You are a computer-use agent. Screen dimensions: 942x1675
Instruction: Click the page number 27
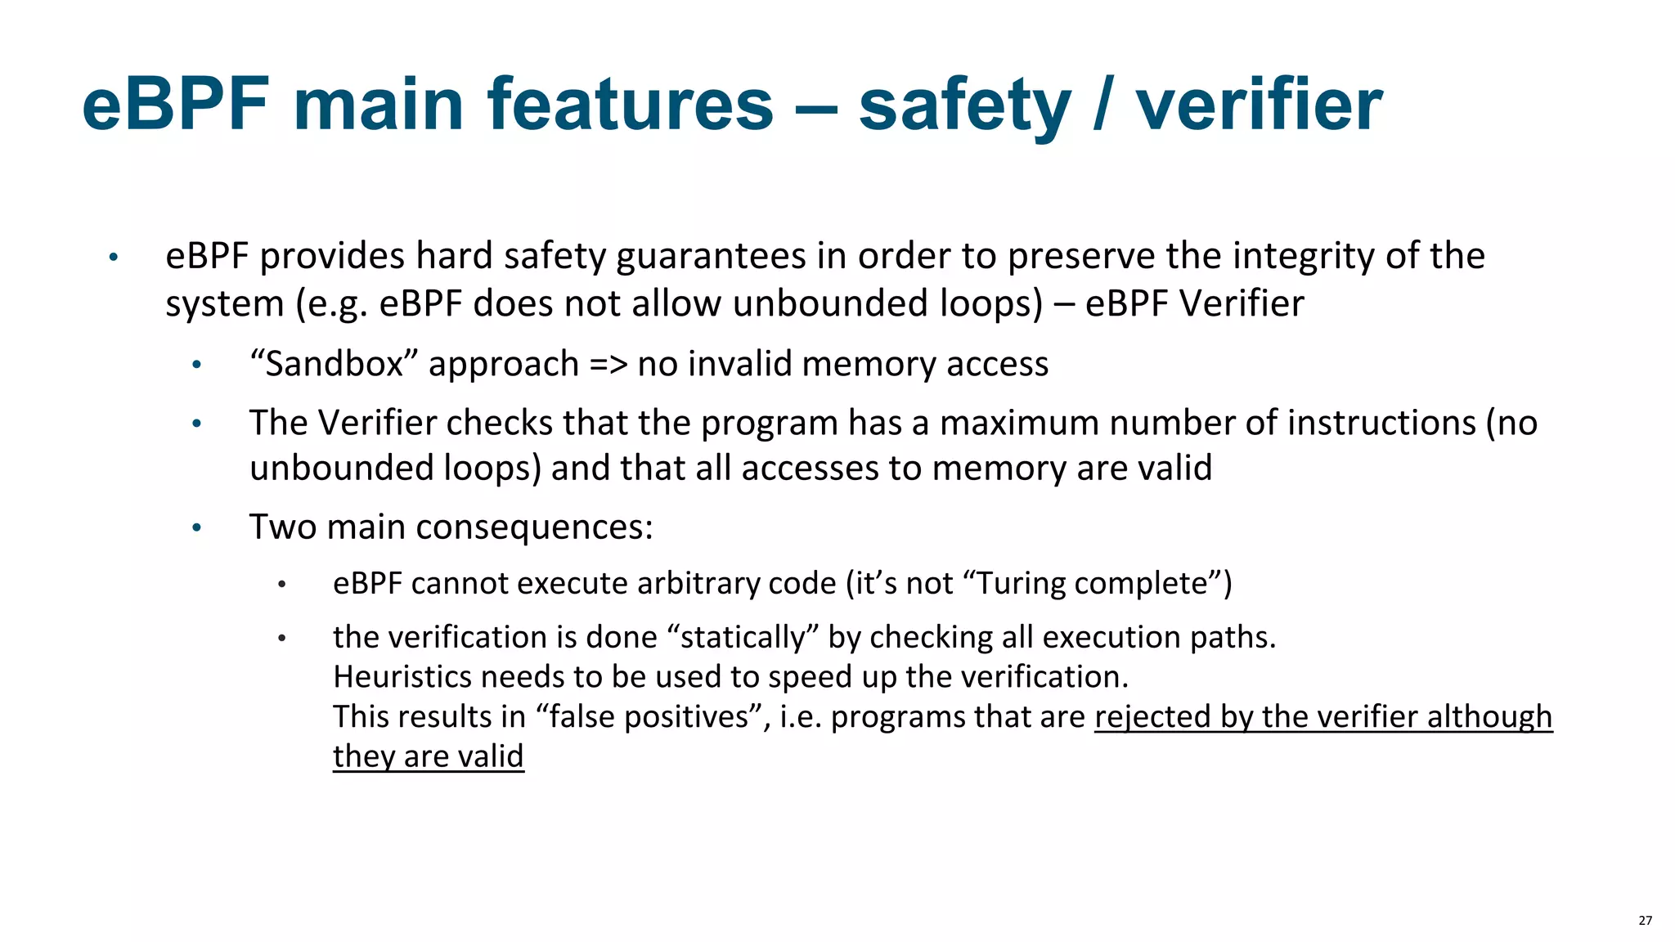point(1645,921)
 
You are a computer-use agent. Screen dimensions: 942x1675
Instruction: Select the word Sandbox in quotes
point(335,364)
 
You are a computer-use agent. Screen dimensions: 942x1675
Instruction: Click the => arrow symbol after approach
point(608,364)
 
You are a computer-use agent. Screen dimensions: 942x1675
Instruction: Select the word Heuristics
point(402,677)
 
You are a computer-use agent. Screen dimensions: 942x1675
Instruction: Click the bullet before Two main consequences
point(196,527)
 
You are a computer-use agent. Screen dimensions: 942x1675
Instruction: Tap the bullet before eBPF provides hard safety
point(114,258)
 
